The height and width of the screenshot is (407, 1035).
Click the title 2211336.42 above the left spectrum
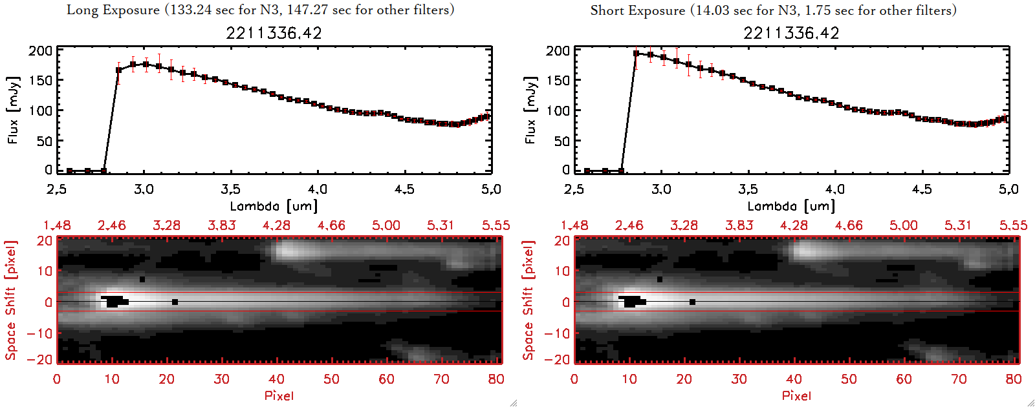(x=274, y=33)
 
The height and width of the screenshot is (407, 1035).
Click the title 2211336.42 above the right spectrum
(x=791, y=33)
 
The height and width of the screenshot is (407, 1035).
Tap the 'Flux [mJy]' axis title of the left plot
(x=13, y=110)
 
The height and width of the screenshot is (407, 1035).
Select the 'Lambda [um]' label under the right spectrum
(x=791, y=206)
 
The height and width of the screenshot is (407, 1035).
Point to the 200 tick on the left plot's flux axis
(x=40, y=51)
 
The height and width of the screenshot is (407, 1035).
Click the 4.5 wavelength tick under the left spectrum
(x=404, y=189)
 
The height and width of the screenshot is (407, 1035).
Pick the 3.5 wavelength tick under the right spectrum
(x=748, y=189)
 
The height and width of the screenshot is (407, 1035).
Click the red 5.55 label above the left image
(x=496, y=225)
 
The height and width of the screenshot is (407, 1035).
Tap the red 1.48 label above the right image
(x=574, y=225)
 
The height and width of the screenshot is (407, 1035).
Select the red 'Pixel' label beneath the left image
(x=279, y=395)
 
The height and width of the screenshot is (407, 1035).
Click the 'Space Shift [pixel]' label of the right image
(x=528, y=300)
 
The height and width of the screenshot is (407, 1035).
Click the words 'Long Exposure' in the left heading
(x=113, y=10)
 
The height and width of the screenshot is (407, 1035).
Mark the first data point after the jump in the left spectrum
(x=119, y=70)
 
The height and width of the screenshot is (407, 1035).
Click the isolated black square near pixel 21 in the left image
(x=175, y=302)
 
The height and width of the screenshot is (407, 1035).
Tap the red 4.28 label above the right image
(x=794, y=225)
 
